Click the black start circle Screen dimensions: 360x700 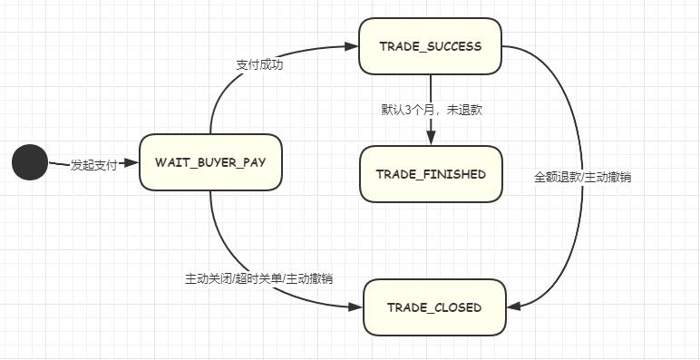(29, 163)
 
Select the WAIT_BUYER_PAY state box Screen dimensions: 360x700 (210, 162)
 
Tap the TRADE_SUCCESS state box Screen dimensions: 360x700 (431, 46)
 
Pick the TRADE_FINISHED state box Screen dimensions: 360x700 (431, 174)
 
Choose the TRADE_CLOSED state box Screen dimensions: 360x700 (433, 307)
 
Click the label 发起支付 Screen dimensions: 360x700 (94, 164)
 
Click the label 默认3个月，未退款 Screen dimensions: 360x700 (431, 109)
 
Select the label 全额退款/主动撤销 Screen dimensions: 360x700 (582, 178)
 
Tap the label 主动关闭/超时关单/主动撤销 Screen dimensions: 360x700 (258, 278)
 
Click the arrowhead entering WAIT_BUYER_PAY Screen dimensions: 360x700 (131, 163)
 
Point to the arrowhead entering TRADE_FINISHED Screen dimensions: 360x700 (431, 139)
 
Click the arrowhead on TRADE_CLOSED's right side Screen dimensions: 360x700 (513, 307)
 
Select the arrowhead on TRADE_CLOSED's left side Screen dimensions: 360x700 (355, 307)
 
